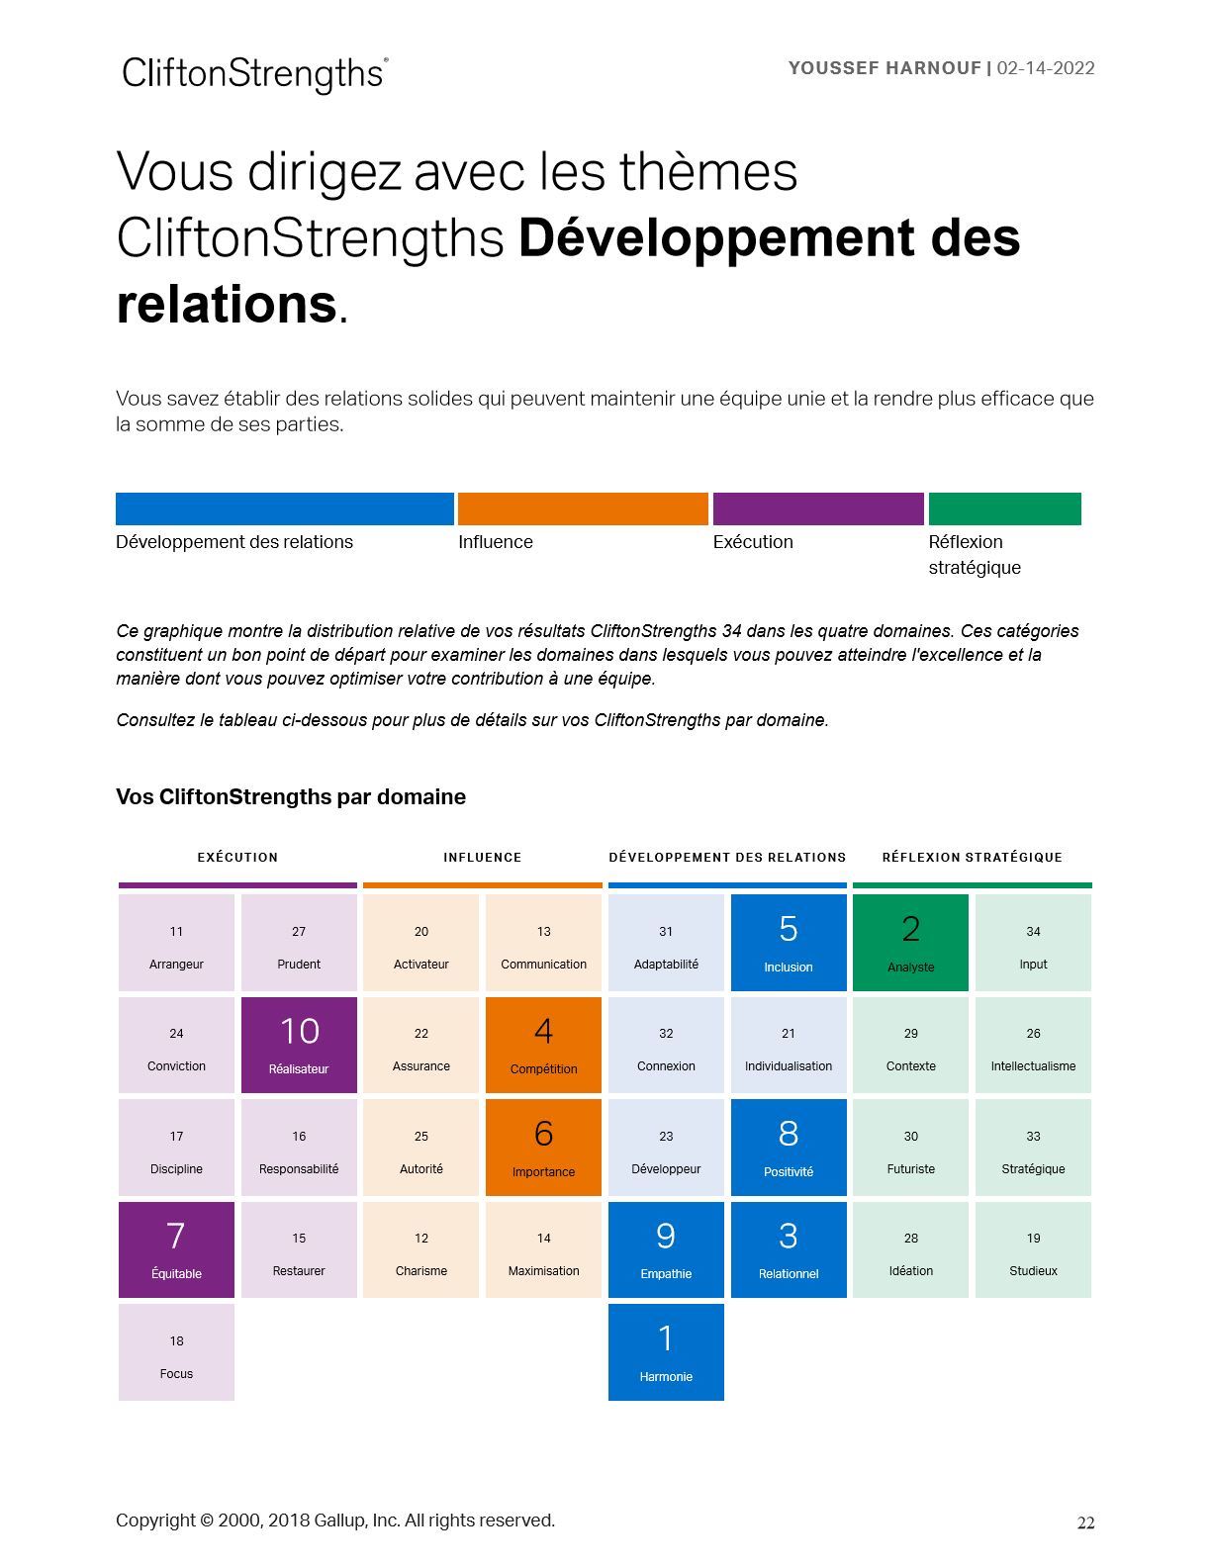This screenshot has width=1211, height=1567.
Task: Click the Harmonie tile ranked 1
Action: pyautogui.click(x=666, y=1351)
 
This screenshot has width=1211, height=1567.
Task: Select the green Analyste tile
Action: pyautogui.click(x=910, y=942)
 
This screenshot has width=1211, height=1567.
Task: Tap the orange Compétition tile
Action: pyautogui.click(x=543, y=1045)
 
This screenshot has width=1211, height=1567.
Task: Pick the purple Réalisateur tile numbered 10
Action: pyautogui.click(x=299, y=1045)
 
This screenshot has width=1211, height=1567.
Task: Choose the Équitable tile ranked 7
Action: pyautogui.click(x=176, y=1249)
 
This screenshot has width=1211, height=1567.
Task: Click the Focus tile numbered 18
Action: pyautogui.click(x=176, y=1351)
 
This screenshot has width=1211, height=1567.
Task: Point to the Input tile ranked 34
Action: pyautogui.click(x=1033, y=942)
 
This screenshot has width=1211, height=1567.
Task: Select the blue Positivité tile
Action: pyautogui.click(x=789, y=1147)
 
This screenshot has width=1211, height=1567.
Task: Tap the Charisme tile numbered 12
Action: pyautogui.click(x=420, y=1249)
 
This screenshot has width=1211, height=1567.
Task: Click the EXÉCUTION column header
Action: pyautogui.click(x=237, y=857)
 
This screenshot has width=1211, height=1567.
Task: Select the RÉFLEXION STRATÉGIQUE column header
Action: pyautogui.click(x=972, y=857)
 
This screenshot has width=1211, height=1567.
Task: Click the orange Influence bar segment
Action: pyautogui.click(x=583, y=508)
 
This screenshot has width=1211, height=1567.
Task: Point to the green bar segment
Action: pyautogui.click(x=1004, y=508)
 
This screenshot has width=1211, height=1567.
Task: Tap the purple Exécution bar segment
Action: pyautogui.click(x=818, y=508)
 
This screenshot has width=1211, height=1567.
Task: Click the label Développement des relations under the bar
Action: pyautogui.click(x=234, y=542)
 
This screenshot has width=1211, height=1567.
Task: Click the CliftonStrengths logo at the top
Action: pyautogui.click(x=254, y=74)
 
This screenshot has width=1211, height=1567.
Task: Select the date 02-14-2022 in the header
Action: pyautogui.click(x=1046, y=68)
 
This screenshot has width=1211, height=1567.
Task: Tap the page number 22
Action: pyautogui.click(x=1085, y=1522)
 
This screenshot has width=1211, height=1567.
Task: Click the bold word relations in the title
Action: pyautogui.click(x=228, y=304)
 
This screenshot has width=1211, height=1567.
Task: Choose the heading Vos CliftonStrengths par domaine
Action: pyautogui.click(x=291, y=797)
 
